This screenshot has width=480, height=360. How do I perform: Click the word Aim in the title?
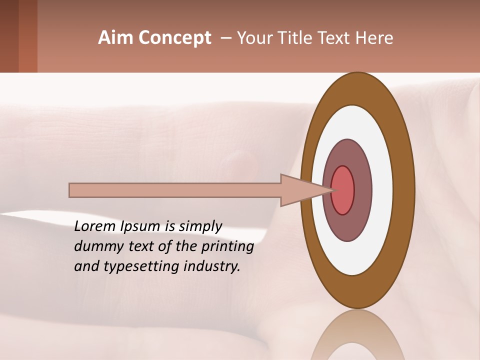click(x=116, y=38)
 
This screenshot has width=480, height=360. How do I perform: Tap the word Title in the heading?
click(x=297, y=38)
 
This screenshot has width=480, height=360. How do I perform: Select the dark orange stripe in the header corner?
click(x=28, y=36)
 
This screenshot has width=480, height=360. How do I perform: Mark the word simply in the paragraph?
click(x=200, y=227)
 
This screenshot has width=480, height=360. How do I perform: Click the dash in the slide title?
click(x=225, y=38)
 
